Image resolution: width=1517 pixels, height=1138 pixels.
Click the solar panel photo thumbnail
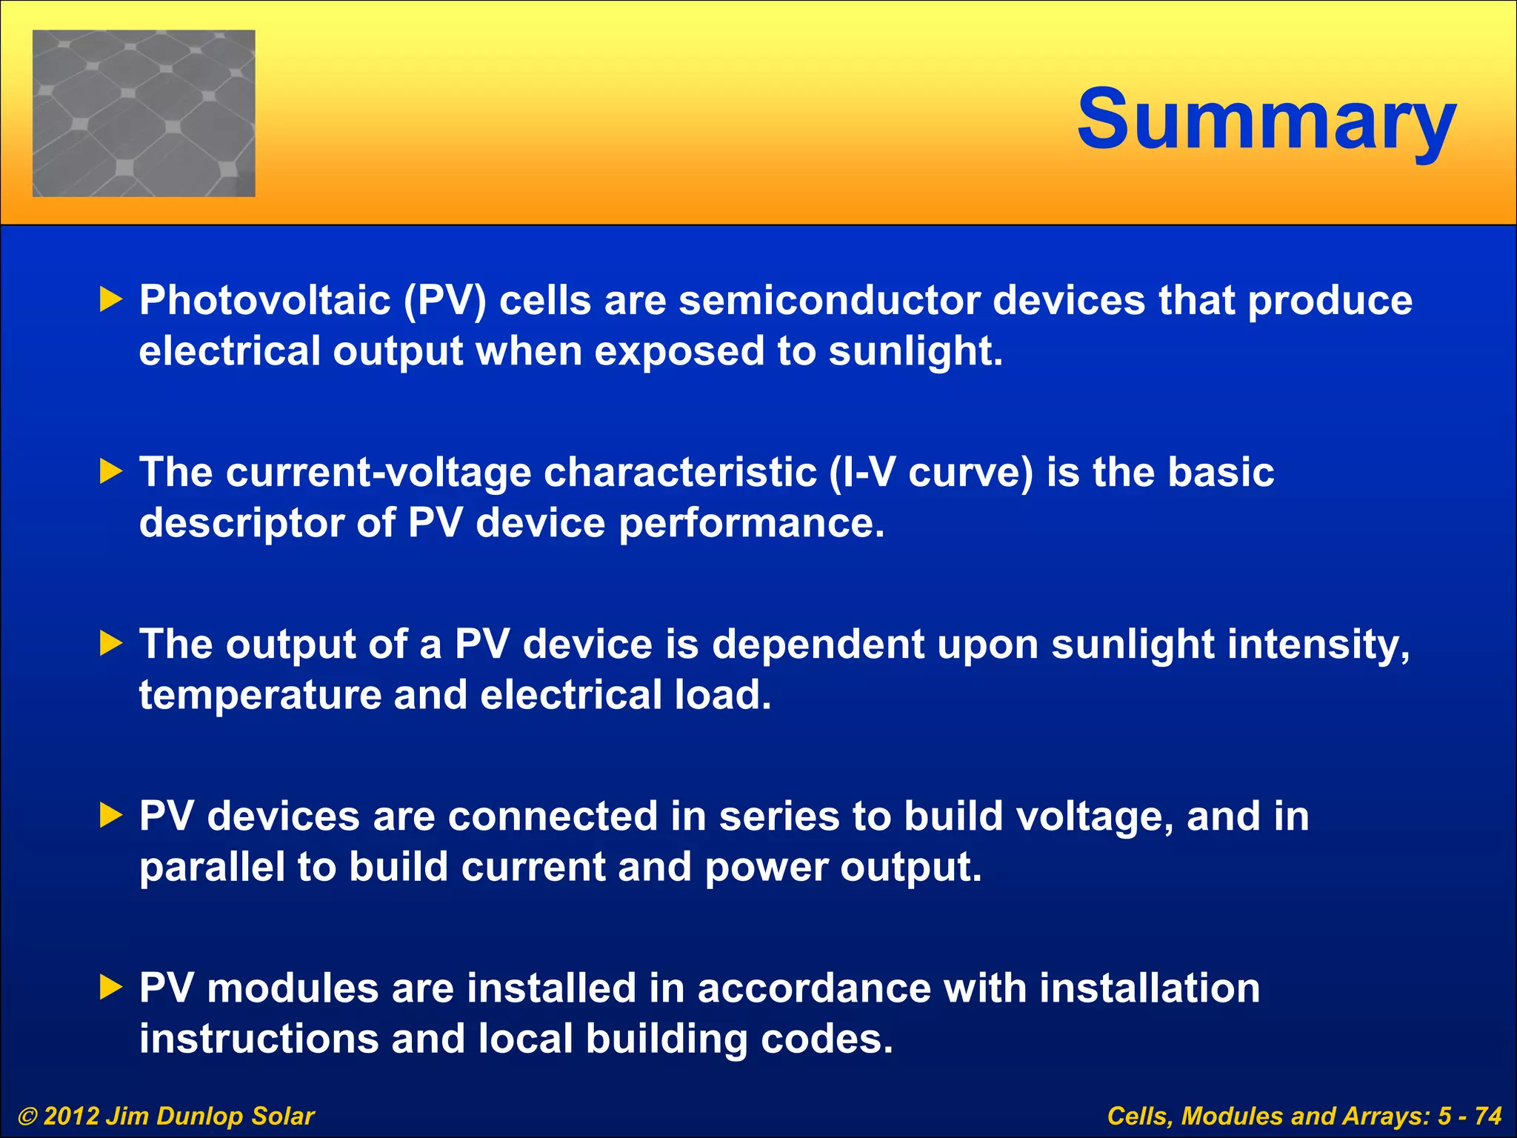point(144,113)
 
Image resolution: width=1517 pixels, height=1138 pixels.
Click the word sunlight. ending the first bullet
point(916,351)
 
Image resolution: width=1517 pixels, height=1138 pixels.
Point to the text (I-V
point(861,473)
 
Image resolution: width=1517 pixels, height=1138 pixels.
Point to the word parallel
point(212,868)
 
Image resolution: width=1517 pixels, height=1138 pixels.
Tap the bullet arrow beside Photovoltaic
point(110,300)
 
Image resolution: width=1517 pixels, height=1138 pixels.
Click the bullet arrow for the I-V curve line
point(110,472)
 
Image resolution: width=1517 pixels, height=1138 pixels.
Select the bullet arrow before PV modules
point(110,988)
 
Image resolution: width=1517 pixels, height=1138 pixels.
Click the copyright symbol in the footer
point(27,1117)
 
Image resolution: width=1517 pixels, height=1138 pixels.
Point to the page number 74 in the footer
point(1487,1117)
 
